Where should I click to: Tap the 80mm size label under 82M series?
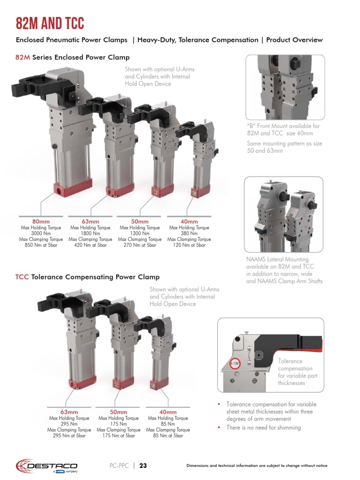(x=41, y=221)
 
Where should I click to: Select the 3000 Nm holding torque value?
(x=41, y=233)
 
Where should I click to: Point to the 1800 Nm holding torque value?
(x=90, y=233)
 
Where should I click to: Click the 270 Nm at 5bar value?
(x=140, y=245)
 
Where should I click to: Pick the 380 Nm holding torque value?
(x=189, y=233)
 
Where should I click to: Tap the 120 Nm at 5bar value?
(x=189, y=245)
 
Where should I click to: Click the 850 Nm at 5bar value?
(x=41, y=245)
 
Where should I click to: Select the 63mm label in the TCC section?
(x=69, y=412)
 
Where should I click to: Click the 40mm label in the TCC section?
(x=168, y=412)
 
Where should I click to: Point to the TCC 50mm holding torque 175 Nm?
(x=119, y=424)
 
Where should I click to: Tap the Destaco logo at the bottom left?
(x=44, y=465)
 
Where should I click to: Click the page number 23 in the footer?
(x=143, y=465)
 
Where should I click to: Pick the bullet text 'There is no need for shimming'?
(x=263, y=427)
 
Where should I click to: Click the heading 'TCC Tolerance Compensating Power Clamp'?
(x=88, y=277)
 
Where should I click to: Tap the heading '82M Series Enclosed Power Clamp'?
(x=73, y=58)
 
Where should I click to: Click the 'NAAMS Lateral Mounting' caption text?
(x=277, y=259)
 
